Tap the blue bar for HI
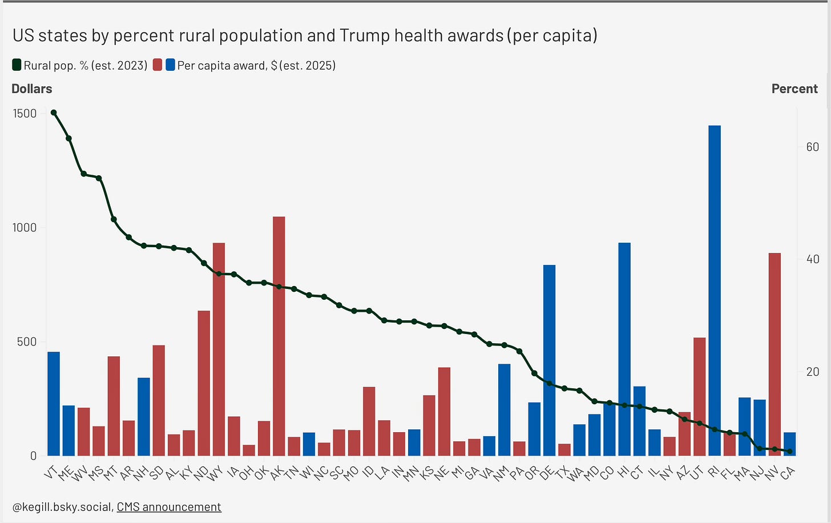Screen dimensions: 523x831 pyautogui.click(x=624, y=349)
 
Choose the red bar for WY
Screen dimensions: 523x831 pyautogui.click(x=219, y=349)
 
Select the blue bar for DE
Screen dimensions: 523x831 pyautogui.click(x=549, y=360)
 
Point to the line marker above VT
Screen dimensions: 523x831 pyautogui.click(x=54, y=112)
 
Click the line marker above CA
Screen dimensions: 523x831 pyautogui.click(x=790, y=452)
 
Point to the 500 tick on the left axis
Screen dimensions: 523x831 pyautogui.click(x=27, y=341)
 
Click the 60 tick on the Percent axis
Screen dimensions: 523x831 pyautogui.click(x=812, y=147)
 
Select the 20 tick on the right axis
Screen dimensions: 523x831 pyautogui.click(x=812, y=372)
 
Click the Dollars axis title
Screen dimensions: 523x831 pyautogui.click(x=32, y=88)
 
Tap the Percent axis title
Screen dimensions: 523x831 pyautogui.click(x=794, y=88)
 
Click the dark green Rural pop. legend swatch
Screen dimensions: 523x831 pyautogui.click(x=17, y=65)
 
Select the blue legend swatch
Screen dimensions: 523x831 pyautogui.click(x=170, y=65)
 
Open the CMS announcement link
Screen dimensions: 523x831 pyautogui.click(x=169, y=506)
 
